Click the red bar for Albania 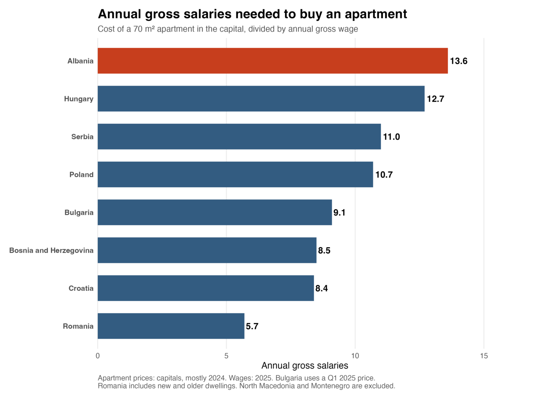pyautogui.click(x=273, y=61)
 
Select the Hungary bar pyautogui.click(x=261, y=99)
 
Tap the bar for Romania pyautogui.click(x=171, y=326)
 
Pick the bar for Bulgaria pyautogui.click(x=215, y=212)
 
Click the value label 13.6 pyautogui.click(x=458, y=61)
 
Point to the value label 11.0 pyautogui.click(x=391, y=137)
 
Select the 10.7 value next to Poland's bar pyautogui.click(x=384, y=175)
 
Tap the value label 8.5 pyautogui.click(x=324, y=251)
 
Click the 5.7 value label pyautogui.click(x=252, y=326)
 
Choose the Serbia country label pyautogui.click(x=82, y=137)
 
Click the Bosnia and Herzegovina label pyautogui.click(x=51, y=251)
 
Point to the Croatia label pyautogui.click(x=81, y=288)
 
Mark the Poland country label pyautogui.click(x=82, y=175)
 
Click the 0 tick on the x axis pyautogui.click(x=98, y=356)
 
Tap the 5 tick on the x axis pyautogui.click(x=226, y=356)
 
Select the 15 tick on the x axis pyautogui.click(x=484, y=356)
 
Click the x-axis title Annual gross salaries pyautogui.click(x=305, y=366)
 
